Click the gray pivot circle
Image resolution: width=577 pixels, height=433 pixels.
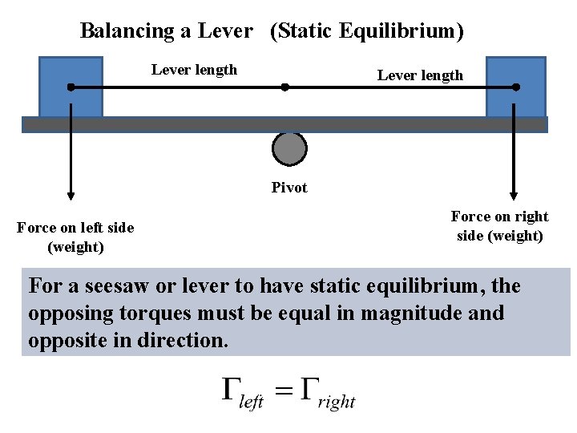tap(289, 149)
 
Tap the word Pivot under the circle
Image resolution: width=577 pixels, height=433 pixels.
tap(289, 188)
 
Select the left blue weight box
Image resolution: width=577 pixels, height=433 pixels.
tap(71, 72)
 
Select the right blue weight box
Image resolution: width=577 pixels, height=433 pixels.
tap(515, 72)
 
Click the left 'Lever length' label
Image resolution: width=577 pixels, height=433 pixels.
tap(194, 70)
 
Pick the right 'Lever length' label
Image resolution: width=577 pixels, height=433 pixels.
tap(420, 75)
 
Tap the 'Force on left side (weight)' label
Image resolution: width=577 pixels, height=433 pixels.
tap(75, 237)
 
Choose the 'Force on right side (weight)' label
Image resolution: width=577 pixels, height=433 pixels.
tap(499, 226)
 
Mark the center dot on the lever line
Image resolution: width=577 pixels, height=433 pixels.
tap(284, 87)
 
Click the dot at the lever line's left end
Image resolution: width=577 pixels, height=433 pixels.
tap(71, 87)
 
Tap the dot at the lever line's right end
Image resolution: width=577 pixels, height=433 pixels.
tap(515, 87)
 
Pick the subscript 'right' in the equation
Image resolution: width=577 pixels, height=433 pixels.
tap(337, 402)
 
